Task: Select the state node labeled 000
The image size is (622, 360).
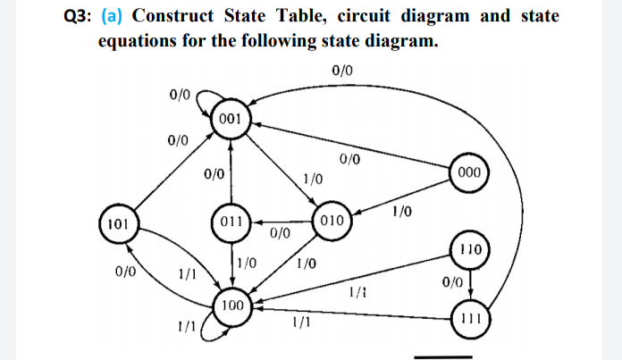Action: tap(468, 172)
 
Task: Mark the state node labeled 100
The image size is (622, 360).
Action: tap(231, 306)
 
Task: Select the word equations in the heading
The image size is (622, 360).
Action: tap(136, 42)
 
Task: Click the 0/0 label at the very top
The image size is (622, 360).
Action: tap(341, 70)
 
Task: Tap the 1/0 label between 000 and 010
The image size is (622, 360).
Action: tap(402, 211)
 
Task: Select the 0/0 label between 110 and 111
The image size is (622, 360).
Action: tap(452, 282)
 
